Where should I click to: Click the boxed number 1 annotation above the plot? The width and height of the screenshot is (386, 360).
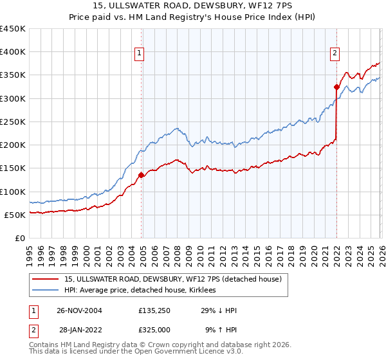tap(139, 54)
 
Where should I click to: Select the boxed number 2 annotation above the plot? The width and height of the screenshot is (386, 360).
tap(335, 54)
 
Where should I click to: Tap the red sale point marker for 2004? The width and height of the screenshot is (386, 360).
tap(142, 174)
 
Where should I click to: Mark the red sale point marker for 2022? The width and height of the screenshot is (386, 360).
tap(336, 87)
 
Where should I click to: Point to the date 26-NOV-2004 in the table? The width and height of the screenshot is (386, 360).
tap(79, 310)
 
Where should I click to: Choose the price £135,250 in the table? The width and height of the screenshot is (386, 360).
tap(154, 310)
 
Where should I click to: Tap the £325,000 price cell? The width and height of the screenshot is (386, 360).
tap(154, 330)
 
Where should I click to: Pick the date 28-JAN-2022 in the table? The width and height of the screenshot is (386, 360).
tap(79, 330)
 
